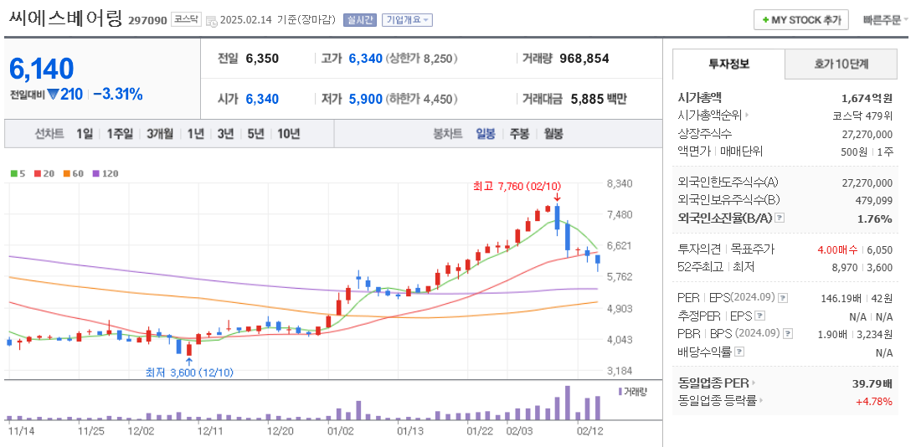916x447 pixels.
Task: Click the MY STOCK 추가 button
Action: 801,19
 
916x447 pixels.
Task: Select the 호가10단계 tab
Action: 841,64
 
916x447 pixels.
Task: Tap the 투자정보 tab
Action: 728,64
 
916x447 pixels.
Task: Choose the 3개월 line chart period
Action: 160,133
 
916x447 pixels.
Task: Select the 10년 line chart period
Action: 289,133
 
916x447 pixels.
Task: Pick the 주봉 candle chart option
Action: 519,133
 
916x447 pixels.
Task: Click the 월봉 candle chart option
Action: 553,133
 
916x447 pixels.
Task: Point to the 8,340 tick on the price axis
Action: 619,183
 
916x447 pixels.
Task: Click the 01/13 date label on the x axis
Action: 409,431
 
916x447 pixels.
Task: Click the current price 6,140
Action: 42,69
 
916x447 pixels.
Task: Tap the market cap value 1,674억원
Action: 867,98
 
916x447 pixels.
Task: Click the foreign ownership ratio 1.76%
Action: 875,218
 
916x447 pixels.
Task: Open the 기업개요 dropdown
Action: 407,19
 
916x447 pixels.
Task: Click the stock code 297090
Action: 147,19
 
